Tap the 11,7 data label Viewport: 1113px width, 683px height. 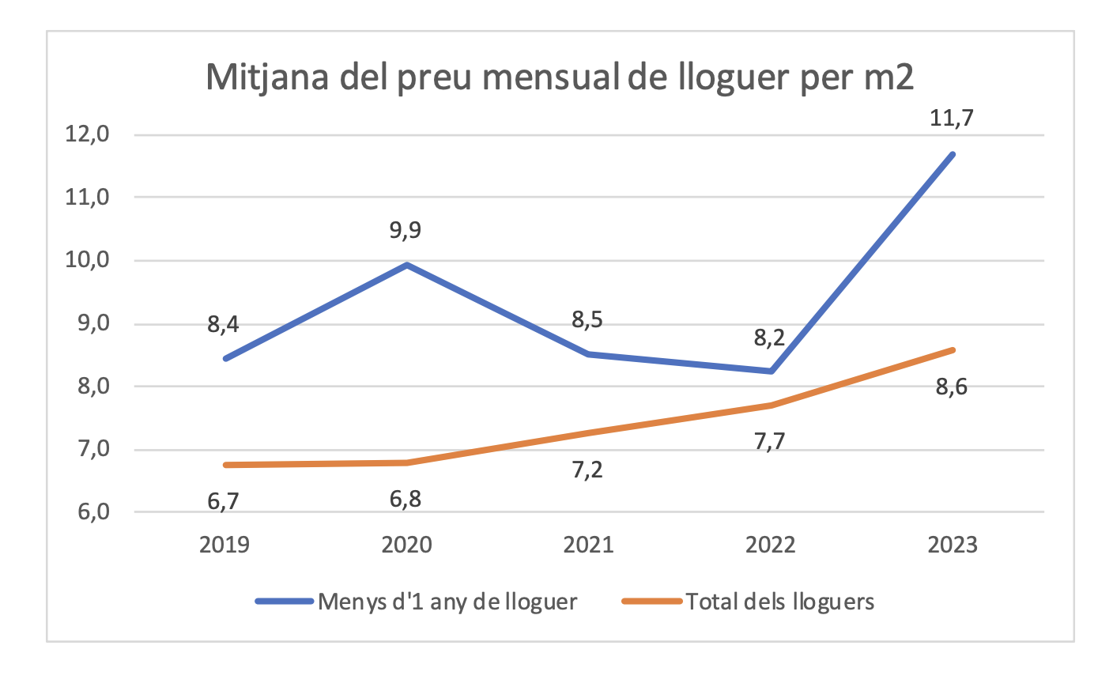point(952,119)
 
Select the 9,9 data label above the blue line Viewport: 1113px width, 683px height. point(406,231)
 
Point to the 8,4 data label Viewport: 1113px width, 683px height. point(224,324)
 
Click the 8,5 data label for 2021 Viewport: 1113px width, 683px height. point(588,320)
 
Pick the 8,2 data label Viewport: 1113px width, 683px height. point(769,339)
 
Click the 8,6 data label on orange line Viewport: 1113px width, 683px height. point(952,387)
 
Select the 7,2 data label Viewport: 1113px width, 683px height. point(588,470)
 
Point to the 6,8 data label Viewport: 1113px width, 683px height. point(406,500)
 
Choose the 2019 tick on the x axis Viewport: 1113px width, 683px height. point(224,545)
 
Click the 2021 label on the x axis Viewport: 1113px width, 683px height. point(588,545)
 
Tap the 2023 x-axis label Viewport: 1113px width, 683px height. point(952,545)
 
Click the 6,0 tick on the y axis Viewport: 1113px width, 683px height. point(89,512)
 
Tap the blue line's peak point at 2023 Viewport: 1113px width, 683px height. point(952,154)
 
